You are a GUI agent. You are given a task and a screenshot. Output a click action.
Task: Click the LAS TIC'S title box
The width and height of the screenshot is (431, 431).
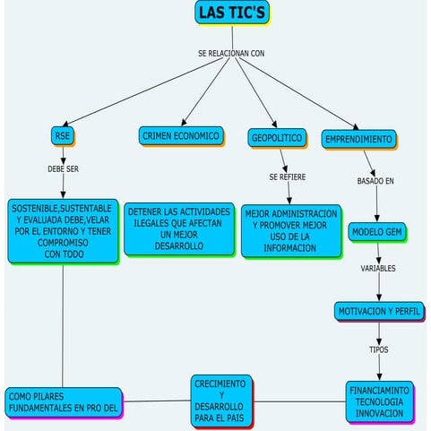click(232, 13)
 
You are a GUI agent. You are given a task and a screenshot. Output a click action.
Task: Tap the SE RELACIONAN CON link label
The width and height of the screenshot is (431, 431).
click(231, 54)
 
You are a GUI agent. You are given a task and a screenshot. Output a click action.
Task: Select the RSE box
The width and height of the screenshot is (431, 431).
click(63, 136)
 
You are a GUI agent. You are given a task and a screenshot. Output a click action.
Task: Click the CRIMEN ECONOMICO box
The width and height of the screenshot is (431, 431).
click(180, 136)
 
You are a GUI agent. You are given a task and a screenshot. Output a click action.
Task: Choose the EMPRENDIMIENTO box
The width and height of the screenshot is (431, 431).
click(358, 140)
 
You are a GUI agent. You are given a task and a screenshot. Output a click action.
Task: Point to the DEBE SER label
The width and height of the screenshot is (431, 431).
click(63, 168)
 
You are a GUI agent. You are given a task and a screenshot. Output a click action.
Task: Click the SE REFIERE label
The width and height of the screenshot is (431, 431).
click(287, 177)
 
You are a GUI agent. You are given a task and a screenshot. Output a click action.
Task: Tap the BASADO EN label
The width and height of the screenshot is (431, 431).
click(375, 181)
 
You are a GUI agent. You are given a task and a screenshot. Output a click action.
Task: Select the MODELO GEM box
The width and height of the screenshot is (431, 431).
click(377, 231)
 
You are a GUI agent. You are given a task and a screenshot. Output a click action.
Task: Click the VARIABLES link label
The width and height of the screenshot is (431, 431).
click(378, 268)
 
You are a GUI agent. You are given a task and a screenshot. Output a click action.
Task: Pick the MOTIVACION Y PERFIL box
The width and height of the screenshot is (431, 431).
click(378, 311)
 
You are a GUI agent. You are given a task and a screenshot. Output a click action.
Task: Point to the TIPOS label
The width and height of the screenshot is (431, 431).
click(379, 349)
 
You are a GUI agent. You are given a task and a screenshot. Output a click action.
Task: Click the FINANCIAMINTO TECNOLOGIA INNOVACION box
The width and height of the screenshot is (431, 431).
click(379, 401)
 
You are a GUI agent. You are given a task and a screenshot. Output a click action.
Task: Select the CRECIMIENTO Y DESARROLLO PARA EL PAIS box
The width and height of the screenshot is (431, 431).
click(221, 401)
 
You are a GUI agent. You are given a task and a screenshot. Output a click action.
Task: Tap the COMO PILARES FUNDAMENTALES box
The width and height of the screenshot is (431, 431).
click(63, 401)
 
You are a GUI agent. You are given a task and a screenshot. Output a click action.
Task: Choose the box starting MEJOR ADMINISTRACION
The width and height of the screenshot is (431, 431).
click(290, 230)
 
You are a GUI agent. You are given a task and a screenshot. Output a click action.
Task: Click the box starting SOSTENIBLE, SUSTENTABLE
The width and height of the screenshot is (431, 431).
click(62, 230)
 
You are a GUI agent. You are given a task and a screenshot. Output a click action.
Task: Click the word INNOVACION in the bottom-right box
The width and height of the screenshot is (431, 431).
click(379, 413)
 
